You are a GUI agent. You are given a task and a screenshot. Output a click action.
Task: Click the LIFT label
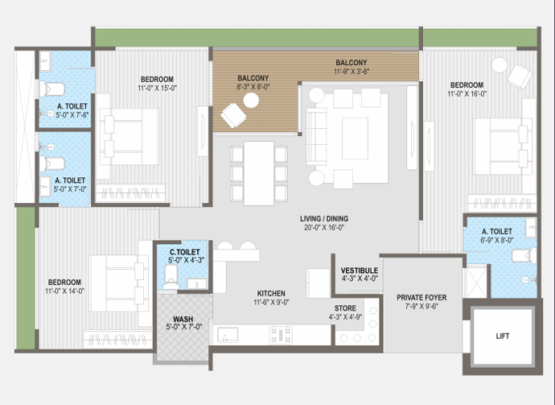[502, 336]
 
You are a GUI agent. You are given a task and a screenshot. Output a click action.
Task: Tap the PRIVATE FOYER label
[421, 298]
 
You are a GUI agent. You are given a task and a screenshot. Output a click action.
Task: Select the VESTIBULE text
[360, 271]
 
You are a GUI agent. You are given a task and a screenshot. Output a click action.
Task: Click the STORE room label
[345, 308]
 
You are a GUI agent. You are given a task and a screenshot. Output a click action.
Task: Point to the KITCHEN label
[271, 293]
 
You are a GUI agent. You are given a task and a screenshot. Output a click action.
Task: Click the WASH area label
[183, 319]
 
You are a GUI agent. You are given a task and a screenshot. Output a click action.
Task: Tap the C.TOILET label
[184, 252]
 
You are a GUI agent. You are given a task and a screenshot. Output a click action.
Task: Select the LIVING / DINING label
[324, 219]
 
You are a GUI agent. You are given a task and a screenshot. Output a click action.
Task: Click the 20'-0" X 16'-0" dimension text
[324, 228]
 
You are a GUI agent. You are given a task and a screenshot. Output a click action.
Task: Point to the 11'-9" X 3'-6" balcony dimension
[351, 71]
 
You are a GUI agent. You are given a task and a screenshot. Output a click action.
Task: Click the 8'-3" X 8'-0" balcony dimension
[253, 87]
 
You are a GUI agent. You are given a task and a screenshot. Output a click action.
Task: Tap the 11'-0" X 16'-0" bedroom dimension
[467, 94]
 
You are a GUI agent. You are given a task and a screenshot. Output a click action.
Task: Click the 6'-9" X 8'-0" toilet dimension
[497, 240]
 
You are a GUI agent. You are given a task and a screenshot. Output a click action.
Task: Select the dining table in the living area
[259, 173]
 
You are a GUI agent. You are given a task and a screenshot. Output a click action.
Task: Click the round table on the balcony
[251, 101]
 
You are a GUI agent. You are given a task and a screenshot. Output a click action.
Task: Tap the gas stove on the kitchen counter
[281, 335]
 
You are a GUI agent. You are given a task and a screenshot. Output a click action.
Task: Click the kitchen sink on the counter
[228, 335]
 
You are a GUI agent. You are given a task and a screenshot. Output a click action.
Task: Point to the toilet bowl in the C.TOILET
[171, 275]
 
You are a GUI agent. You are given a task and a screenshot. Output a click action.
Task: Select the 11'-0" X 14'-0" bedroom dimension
[64, 291]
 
